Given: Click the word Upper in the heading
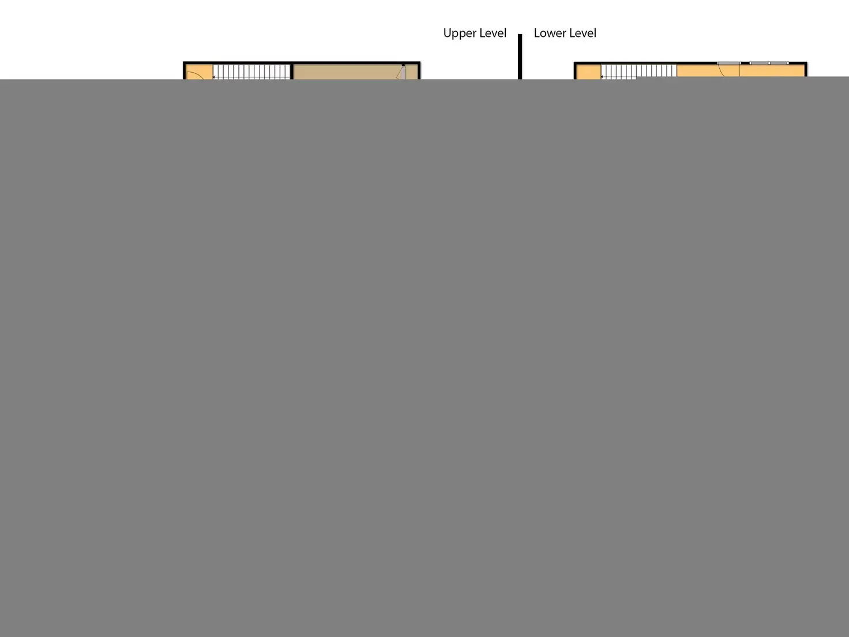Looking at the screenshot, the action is coord(459,33).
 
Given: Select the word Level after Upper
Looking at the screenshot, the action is coord(492,33).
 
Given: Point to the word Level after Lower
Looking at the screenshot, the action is coord(582,33).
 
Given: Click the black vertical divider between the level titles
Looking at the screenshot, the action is coord(520,56).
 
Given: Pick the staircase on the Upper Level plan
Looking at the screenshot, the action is coord(251,72).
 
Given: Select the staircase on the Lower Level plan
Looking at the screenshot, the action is coord(638,71).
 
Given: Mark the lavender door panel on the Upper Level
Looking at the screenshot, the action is coord(403,73).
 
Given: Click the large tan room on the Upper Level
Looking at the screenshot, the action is coord(346,73).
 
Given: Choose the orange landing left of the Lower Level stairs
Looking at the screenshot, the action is coord(588,72).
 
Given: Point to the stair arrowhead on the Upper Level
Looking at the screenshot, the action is coord(214,77).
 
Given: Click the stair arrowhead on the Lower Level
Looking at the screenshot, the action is coord(602,77).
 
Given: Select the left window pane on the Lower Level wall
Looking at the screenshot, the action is coord(759,63).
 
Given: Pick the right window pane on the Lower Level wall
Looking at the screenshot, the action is coord(779,63).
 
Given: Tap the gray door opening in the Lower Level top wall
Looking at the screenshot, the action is coord(728,63).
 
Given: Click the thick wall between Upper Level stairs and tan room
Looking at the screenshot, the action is coord(292,72).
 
